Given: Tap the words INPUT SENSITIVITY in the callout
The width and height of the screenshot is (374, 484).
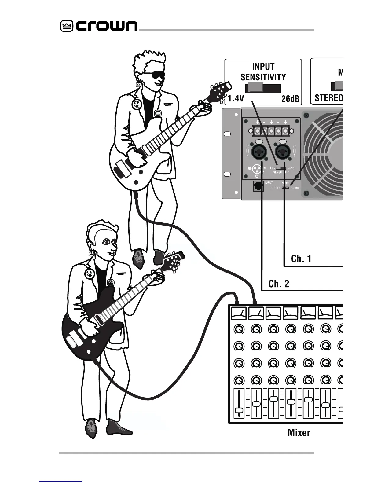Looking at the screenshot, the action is click(x=263, y=72).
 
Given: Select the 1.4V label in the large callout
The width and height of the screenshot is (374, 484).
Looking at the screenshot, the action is click(x=236, y=99).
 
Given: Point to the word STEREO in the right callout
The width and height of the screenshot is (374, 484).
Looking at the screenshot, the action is click(x=328, y=98).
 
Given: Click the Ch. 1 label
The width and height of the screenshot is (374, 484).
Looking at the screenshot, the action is click(x=301, y=259).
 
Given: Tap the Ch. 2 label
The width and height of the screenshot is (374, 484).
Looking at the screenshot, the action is click(x=279, y=284).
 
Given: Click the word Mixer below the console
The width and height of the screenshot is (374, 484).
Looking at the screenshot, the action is click(x=299, y=433).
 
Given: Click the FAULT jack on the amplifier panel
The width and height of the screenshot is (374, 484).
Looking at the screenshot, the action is click(x=258, y=186).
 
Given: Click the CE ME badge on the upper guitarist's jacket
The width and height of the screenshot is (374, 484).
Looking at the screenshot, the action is click(x=136, y=105).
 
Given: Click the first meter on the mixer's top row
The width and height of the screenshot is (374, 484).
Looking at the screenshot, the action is click(x=239, y=313).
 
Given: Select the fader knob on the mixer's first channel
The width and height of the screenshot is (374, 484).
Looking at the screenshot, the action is click(x=239, y=410).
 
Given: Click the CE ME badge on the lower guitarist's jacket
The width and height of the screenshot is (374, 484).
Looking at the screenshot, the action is click(x=89, y=273).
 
